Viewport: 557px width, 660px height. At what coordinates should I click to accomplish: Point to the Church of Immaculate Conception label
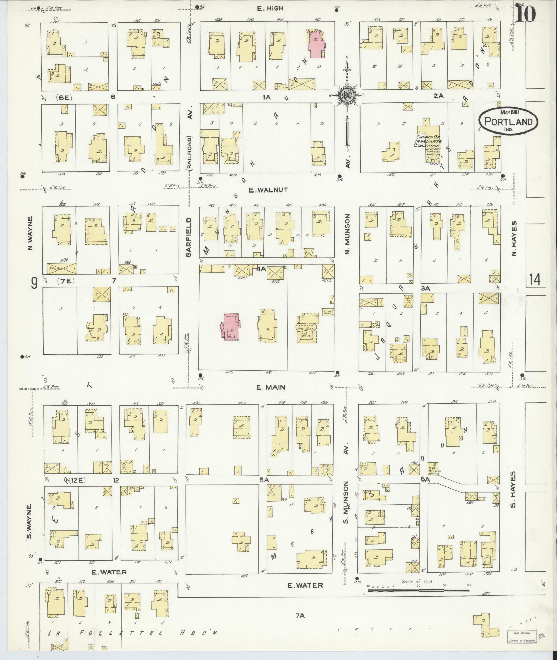point(429,141)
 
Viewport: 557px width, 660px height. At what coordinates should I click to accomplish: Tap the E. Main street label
point(270,387)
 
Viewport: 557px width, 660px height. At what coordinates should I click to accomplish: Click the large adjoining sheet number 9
point(34,284)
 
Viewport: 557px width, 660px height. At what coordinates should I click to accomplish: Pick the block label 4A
point(261,269)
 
